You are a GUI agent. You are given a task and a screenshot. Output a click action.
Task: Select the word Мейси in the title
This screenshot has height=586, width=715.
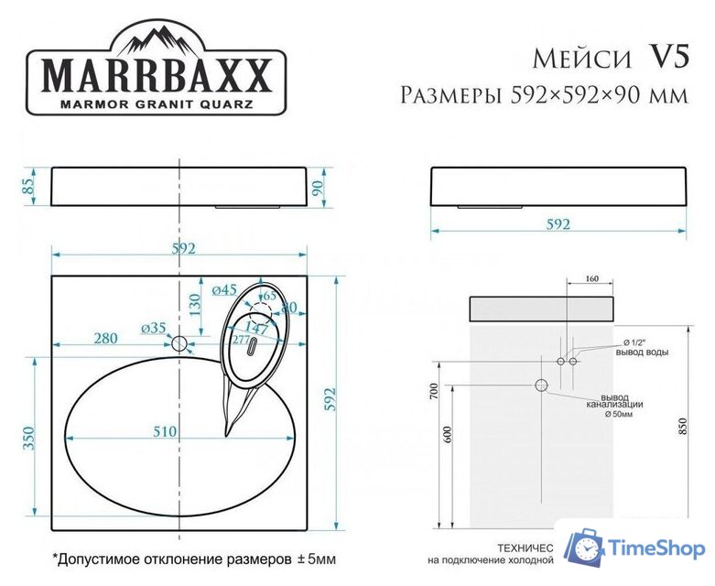coord(581,59)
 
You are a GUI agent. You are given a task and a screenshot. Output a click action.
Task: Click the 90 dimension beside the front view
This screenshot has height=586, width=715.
coord(318,189)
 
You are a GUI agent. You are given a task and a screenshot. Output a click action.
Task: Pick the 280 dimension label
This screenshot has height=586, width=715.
coord(105,339)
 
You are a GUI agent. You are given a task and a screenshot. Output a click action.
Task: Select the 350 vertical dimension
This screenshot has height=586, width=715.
coord(28,438)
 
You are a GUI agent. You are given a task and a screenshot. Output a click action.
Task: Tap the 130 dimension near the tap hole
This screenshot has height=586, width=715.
coord(194,303)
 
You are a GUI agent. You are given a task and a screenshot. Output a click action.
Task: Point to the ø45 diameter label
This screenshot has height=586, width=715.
coord(224,290)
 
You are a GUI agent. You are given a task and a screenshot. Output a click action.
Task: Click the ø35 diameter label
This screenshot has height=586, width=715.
coord(153,327)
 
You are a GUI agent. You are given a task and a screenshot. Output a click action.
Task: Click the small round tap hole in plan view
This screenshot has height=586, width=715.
coord(180,343)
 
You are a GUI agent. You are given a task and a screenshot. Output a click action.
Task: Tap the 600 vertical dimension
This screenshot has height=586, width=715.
coord(448,436)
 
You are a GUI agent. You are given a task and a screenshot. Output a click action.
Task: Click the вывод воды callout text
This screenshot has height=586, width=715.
coord(644,353)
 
